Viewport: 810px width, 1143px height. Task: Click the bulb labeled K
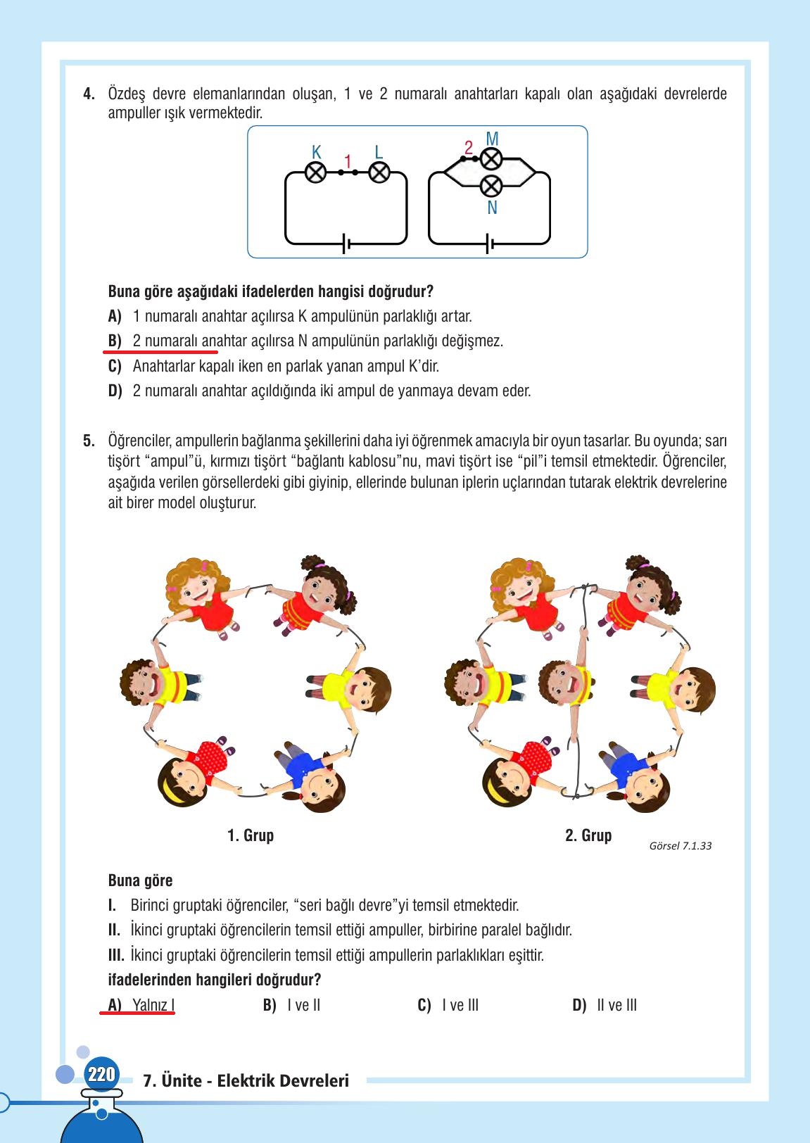(x=316, y=172)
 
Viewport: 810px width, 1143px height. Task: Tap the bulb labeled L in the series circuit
(x=379, y=172)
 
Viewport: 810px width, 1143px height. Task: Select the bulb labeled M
(x=491, y=159)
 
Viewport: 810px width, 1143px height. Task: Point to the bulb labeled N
(x=491, y=186)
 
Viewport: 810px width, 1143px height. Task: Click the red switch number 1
(x=348, y=163)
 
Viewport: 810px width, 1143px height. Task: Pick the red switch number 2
(x=469, y=149)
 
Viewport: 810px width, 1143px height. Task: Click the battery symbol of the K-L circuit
(x=346, y=244)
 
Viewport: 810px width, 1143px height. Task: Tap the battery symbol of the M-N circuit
(x=490, y=244)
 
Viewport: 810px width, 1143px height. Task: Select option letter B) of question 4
(x=115, y=341)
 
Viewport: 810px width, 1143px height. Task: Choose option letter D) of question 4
(x=115, y=391)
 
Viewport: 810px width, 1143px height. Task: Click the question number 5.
(x=89, y=441)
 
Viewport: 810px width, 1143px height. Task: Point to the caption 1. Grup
(x=251, y=835)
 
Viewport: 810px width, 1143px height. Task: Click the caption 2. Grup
(x=588, y=835)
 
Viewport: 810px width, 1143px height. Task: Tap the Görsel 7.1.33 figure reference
(x=680, y=846)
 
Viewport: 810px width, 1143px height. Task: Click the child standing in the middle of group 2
(x=570, y=683)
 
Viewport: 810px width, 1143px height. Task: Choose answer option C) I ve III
(x=448, y=1005)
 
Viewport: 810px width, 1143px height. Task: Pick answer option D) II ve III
(x=605, y=1005)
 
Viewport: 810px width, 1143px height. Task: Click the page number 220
(x=101, y=1075)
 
